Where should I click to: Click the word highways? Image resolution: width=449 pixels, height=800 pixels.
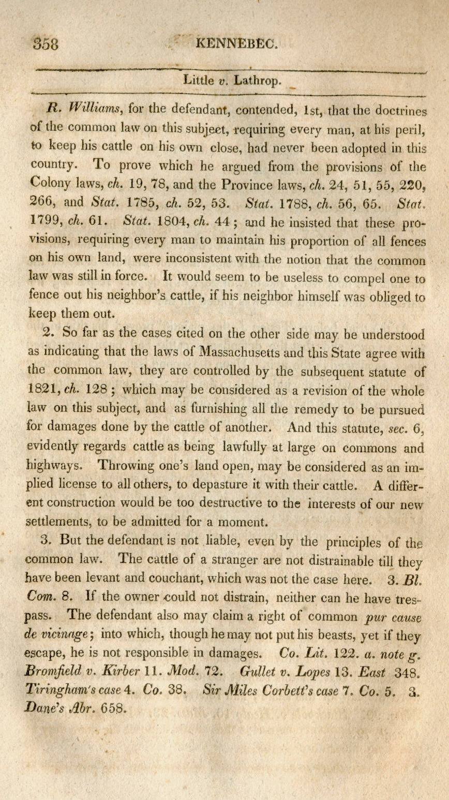coord(53,466)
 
